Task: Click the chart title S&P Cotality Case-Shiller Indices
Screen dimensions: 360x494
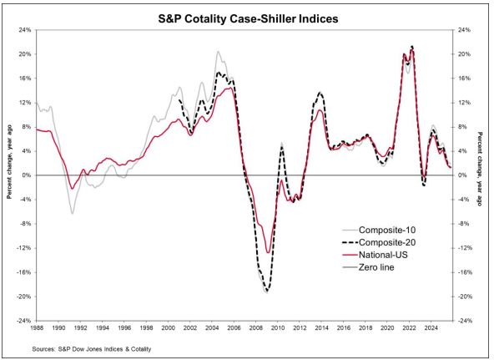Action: [x=247, y=15]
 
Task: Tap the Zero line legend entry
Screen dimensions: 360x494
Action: [x=376, y=267]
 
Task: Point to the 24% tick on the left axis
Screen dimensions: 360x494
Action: [x=26, y=30]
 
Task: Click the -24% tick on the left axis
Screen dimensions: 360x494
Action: [x=24, y=321]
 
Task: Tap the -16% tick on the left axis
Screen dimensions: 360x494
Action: [x=24, y=272]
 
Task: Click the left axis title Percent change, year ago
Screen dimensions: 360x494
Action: [x=9, y=175]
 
